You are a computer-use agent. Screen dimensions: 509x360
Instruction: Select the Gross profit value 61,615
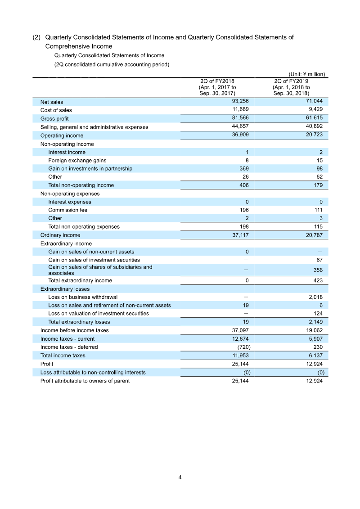pyautogui.click(x=314, y=118)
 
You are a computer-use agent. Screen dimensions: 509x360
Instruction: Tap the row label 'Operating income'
pyautogui.click(x=62, y=135)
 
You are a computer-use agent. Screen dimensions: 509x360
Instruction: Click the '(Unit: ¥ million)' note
pyautogui.click(x=306, y=74)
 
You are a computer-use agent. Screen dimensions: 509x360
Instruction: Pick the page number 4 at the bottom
pyautogui.click(x=180, y=477)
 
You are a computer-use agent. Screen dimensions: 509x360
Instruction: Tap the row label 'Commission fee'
pyautogui.click(x=67, y=210)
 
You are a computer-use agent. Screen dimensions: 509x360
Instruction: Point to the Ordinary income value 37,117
pyautogui.click(x=240, y=235)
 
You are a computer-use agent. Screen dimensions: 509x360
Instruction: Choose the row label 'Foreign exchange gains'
pyautogui.click(x=77, y=160)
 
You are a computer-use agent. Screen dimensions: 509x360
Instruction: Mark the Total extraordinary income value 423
pyautogui.click(x=317, y=280)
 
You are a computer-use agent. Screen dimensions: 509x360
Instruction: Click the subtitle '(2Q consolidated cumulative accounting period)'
pyautogui.click(x=112, y=64)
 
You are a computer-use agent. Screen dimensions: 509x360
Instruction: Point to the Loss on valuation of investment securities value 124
pyautogui.click(x=318, y=313)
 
